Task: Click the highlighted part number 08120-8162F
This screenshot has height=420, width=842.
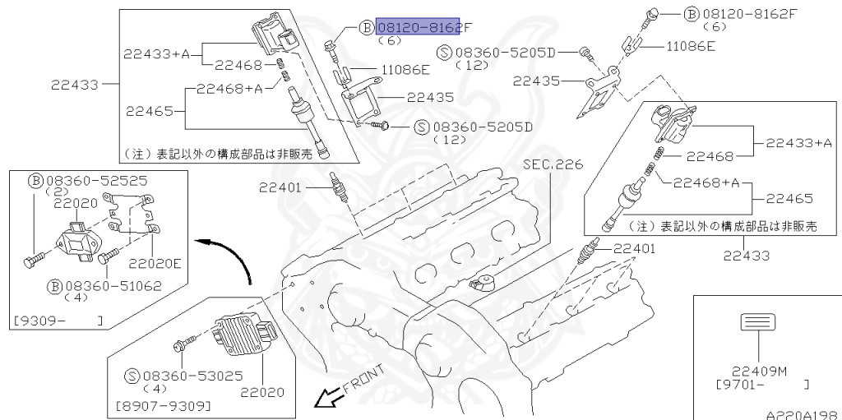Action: [418, 28]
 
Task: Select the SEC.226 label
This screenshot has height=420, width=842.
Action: [553, 165]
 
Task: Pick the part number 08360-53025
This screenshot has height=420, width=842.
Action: [186, 376]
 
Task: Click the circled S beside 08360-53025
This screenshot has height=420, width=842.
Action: [132, 376]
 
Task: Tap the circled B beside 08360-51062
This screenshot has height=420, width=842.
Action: [53, 286]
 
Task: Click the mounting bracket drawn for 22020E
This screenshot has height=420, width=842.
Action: [135, 218]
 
